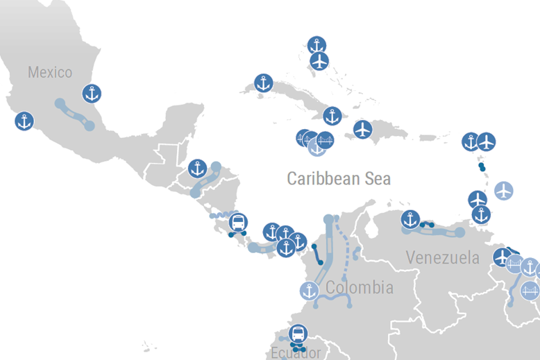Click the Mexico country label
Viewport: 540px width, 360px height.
point(50,72)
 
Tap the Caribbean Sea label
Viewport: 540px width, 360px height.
point(339,178)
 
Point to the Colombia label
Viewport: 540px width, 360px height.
point(359,287)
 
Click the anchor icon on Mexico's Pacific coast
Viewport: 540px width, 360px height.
point(24,121)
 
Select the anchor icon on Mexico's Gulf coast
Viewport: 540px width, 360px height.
point(92,93)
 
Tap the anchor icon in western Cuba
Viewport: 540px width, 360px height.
point(263,83)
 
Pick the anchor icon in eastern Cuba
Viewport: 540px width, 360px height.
point(332,116)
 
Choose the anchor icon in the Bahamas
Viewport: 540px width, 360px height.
point(317,45)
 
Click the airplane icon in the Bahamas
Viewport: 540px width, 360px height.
point(319,61)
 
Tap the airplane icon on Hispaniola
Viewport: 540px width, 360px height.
point(362,129)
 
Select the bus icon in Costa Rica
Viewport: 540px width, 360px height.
point(237,223)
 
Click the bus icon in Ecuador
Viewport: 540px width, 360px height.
point(297,334)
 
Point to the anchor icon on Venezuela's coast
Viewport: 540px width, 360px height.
point(410,220)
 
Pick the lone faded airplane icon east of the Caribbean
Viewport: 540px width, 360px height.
point(504,189)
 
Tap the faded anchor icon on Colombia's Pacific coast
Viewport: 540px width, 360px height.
point(309,291)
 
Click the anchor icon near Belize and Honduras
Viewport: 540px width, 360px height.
point(197,168)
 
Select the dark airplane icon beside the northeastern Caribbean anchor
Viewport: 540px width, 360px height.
point(487,142)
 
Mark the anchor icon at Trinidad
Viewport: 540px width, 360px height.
point(481,215)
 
